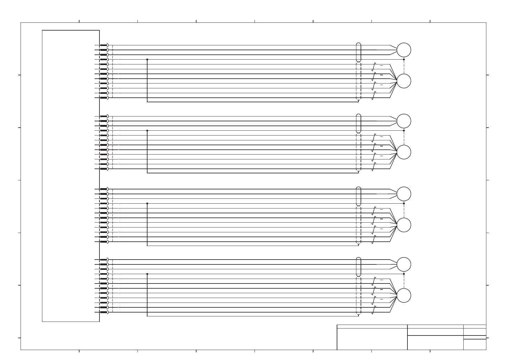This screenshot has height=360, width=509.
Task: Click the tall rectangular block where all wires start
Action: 71,175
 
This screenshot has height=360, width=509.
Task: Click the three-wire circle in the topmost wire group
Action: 404,50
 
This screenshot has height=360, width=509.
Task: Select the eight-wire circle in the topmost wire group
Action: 404,81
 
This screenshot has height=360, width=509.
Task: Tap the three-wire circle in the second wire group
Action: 404,121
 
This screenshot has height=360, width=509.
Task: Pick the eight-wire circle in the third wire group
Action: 404,225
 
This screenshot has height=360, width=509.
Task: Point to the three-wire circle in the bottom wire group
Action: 404,264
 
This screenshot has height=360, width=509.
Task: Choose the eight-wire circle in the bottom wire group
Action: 404,296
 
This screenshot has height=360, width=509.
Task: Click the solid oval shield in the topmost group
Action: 358,52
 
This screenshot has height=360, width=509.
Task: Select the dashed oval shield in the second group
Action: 358,152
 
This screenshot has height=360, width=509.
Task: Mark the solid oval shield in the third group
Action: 358,196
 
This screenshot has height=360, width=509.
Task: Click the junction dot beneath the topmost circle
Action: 404,60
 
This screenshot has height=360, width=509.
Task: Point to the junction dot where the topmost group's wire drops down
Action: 147,60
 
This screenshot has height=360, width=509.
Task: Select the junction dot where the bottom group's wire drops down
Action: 147,274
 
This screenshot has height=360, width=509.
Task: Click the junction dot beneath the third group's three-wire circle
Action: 404,204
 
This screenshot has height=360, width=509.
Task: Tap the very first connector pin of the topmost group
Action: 104,45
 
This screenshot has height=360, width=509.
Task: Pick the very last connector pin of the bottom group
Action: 104,312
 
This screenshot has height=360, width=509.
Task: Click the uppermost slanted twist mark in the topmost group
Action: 374,67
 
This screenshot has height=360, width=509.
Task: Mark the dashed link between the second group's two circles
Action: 404,138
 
